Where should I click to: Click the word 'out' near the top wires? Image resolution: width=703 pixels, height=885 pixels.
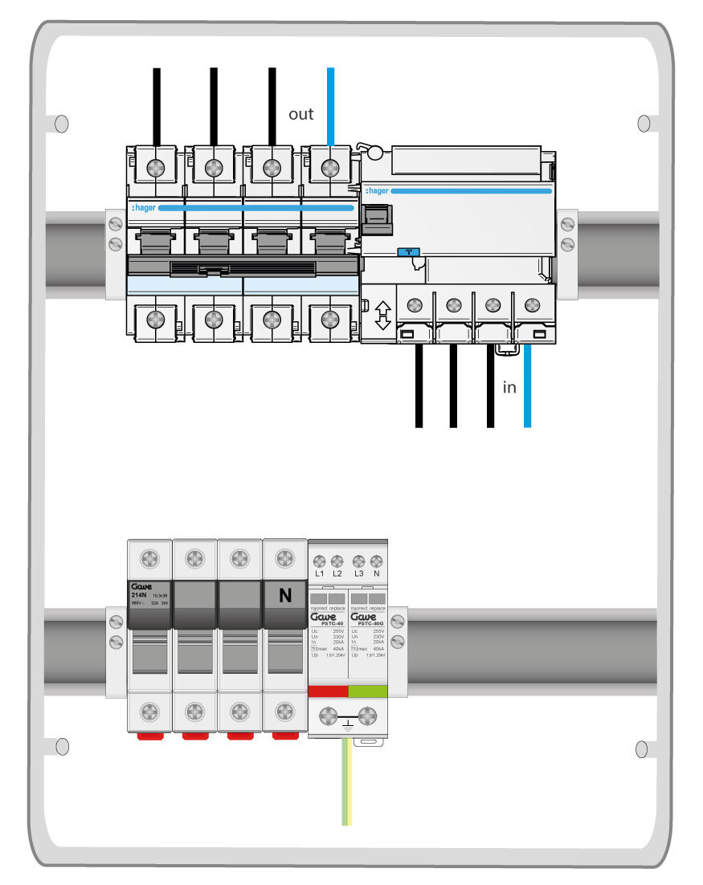point(301,114)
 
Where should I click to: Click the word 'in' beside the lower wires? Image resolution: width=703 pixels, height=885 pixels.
point(509,388)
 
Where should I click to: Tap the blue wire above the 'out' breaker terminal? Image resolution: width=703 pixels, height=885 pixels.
point(330,104)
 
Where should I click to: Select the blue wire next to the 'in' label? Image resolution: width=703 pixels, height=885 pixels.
point(528,385)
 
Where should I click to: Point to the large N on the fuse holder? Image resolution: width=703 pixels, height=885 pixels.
point(284,596)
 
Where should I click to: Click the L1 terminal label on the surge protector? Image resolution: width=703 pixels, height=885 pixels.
point(320,575)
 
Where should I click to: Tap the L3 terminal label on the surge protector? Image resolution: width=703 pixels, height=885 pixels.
point(359,575)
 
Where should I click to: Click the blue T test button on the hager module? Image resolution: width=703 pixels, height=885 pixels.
point(409,252)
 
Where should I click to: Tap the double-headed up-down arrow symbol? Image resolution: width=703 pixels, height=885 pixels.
point(383,315)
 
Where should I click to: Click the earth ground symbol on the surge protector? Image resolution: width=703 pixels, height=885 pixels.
point(348,726)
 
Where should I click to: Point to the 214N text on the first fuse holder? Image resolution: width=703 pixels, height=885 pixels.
point(138,595)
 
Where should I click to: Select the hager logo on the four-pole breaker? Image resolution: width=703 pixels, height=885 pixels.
point(144,207)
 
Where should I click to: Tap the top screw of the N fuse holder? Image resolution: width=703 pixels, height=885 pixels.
point(284,557)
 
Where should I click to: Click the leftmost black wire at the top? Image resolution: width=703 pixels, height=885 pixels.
point(157,104)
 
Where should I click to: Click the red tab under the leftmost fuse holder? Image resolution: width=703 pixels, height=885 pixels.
point(150,735)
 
